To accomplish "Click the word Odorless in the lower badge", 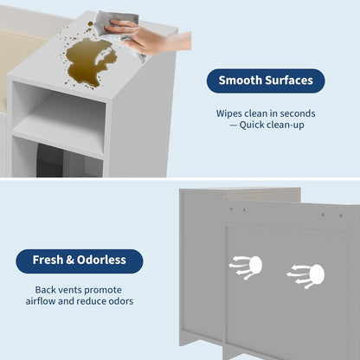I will pos(102,260).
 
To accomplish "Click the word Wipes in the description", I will pos(229,112).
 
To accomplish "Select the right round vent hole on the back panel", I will pos(315,274).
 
